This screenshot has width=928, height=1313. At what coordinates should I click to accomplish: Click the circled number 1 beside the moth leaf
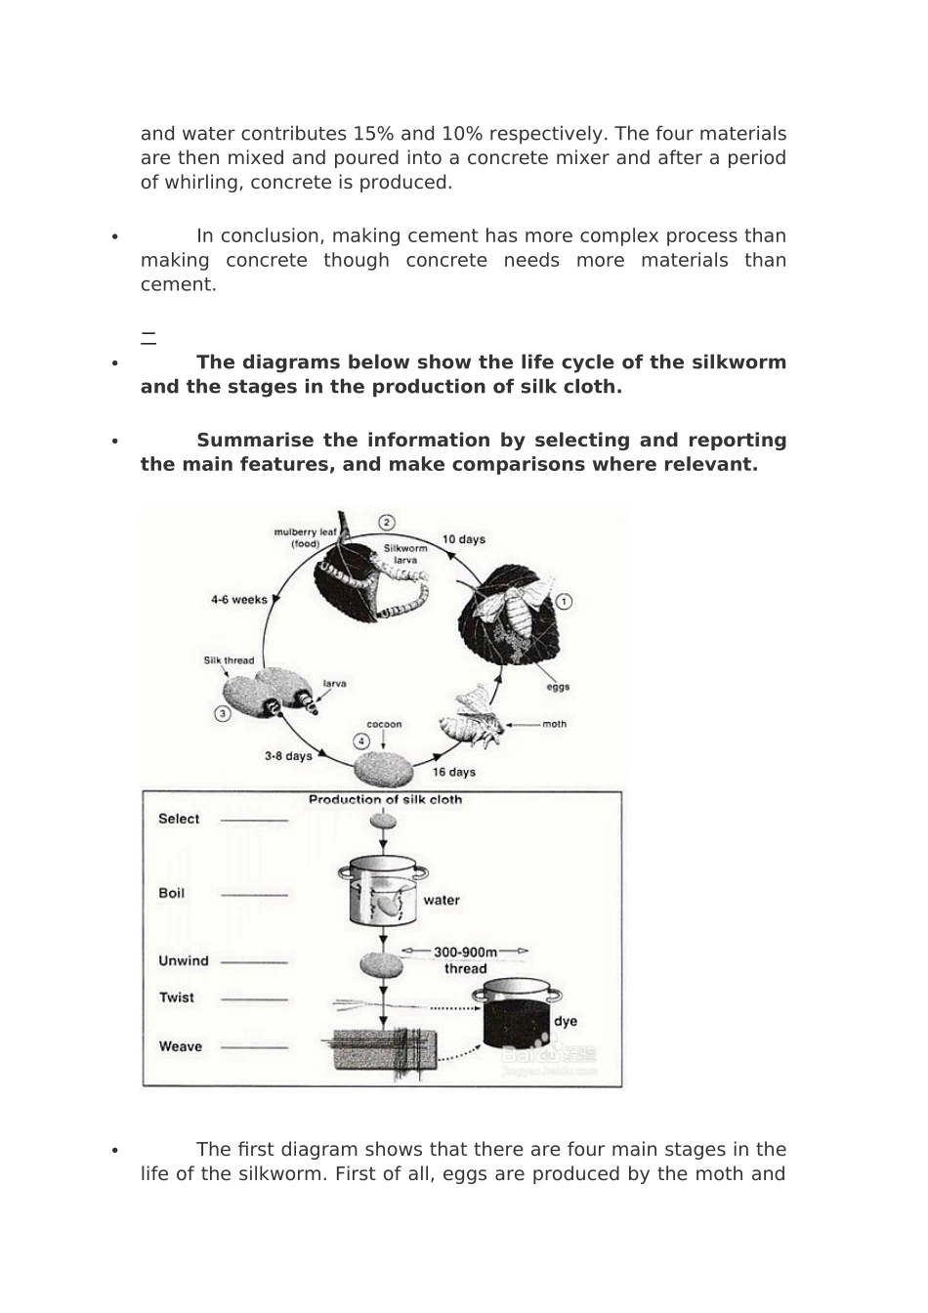click(564, 602)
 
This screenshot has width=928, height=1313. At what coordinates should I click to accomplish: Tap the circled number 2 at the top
click(386, 523)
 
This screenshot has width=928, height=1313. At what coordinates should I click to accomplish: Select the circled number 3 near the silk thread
click(222, 714)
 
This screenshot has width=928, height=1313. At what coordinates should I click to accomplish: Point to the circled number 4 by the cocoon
click(361, 741)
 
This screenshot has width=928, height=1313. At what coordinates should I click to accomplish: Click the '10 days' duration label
click(464, 539)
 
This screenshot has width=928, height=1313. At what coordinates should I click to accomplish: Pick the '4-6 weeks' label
click(239, 600)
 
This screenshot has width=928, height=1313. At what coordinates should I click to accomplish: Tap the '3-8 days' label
click(288, 756)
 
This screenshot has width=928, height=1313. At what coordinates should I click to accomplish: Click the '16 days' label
click(453, 772)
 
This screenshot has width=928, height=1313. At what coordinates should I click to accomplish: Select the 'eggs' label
click(558, 687)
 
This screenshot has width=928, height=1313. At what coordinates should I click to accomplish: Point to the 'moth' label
click(554, 724)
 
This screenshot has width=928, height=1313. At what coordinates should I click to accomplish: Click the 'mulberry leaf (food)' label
click(306, 538)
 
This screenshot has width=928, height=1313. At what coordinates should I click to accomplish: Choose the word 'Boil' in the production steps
click(171, 893)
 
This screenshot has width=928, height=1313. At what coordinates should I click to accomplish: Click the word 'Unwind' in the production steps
click(184, 960)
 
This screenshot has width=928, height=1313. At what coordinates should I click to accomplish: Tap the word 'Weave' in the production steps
click(181, 1046)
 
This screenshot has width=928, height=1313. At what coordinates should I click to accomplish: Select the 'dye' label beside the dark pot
click(566, 1021)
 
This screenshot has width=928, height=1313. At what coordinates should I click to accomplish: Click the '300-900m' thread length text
click(466, 952)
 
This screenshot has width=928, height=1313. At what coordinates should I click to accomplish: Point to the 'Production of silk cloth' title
click(385, 799)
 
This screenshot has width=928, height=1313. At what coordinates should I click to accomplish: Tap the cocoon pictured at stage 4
click(383, 770)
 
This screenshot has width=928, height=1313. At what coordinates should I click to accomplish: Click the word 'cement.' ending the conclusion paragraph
click(179, 285)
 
